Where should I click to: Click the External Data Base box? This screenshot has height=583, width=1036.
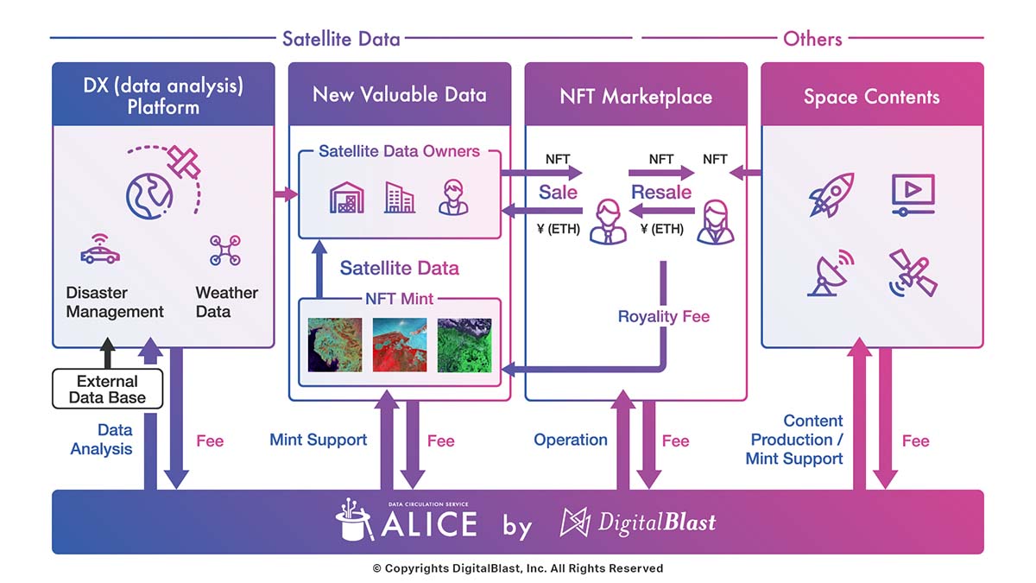coord(107,389)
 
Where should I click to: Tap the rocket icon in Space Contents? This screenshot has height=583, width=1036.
coord(831,195)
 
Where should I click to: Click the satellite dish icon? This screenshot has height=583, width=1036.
coord(831,273)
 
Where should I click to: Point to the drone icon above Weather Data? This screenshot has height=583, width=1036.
coord(224,250)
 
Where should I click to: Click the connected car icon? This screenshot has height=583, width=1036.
coord(100,250)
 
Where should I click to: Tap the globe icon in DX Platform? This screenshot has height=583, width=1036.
coord(149,196)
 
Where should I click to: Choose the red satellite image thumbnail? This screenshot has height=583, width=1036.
coord(400,345)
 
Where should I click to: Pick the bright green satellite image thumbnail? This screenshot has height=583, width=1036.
coord(464,345)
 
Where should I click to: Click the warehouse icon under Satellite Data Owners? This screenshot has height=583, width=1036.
coord(347,198)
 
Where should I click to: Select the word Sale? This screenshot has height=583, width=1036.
coord(558,192)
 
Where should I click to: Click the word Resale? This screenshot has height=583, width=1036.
coord(661,192)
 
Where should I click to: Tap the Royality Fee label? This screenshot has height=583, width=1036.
coord(664,316)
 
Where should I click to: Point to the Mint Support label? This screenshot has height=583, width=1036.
coord(319,440)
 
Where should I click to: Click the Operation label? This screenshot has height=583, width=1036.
coord(571,440)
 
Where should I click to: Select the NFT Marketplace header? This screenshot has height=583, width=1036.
coord(636,97)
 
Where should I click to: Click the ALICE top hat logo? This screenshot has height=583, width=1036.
coord(354,520)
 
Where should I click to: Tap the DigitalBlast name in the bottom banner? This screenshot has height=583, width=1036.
coord(656,523)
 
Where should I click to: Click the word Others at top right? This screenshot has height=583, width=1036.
coord(812,39)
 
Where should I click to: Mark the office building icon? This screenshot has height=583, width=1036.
coord(400,198)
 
